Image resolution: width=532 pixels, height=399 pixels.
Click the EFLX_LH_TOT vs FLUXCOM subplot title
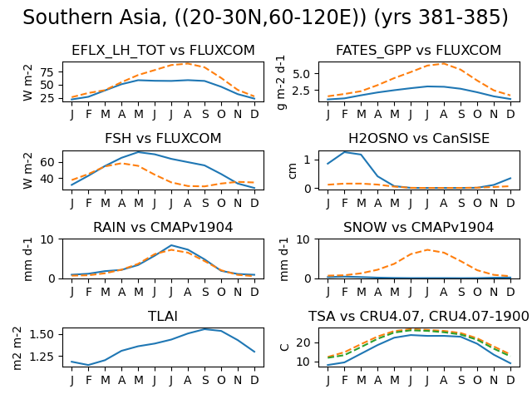(163, 50)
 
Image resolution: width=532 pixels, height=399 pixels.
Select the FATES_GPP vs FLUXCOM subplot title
(418, 50)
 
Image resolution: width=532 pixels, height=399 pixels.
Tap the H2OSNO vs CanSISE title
(419, 139)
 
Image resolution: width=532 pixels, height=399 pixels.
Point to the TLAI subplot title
(163, 316)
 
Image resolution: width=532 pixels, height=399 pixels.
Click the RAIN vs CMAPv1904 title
(163, 227)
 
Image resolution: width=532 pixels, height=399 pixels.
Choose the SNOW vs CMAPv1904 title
(418, 227)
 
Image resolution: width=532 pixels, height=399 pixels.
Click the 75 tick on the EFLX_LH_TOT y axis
(47, 72)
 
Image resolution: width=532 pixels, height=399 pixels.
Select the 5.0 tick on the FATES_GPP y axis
(301, 74)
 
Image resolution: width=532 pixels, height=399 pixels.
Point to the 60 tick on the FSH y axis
(47, 162)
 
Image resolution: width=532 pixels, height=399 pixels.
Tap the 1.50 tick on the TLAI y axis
(42, 334)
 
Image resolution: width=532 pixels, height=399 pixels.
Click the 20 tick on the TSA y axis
(303, 342)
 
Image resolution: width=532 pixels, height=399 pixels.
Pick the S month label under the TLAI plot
(205, 381)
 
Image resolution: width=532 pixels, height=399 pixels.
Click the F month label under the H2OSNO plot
(345, 203)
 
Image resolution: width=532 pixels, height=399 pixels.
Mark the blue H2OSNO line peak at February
(345, 152)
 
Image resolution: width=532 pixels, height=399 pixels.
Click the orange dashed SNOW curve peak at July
(427, 249)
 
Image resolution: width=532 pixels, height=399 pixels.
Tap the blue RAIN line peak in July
(171, 245)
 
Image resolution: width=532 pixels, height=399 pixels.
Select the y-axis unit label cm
(292, 170)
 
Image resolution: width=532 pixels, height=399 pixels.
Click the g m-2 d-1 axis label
(281, 82)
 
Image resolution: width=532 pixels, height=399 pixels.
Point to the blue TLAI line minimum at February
(89, 365)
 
